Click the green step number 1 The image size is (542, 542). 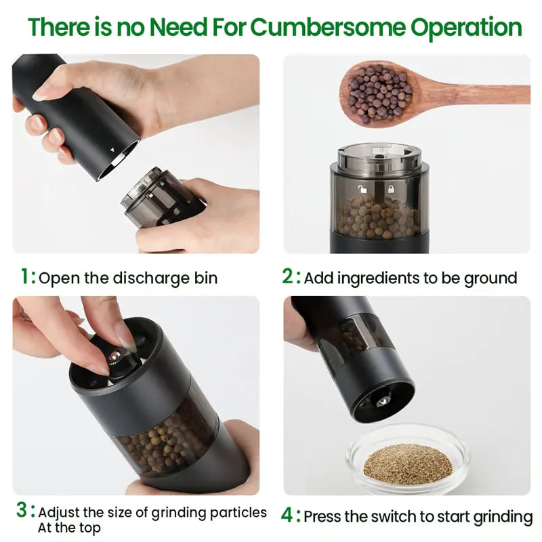(26, 276)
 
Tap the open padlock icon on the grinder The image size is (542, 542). (362, 190)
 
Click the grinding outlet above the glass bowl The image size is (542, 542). (384, 402)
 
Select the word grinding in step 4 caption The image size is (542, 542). (499, 516)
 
